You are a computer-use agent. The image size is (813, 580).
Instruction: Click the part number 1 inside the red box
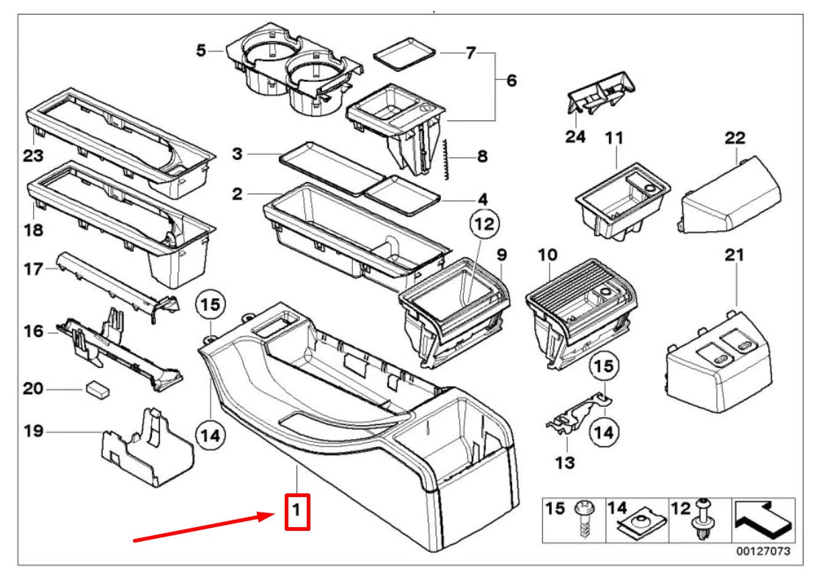(296, 511)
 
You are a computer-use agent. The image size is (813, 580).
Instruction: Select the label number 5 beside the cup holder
(201, 51)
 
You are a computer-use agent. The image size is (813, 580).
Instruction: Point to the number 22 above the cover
(734, 137)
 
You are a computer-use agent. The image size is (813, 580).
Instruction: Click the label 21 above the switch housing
(734, 255)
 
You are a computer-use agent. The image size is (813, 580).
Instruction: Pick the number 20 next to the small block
(32, 388)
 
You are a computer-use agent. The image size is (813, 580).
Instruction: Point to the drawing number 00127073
(764, 550)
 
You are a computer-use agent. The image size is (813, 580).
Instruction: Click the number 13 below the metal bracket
(566, 463)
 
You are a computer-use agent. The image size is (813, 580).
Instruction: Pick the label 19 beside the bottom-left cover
(32, 432)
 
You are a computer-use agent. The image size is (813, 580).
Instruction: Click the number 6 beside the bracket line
(511, 80)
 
